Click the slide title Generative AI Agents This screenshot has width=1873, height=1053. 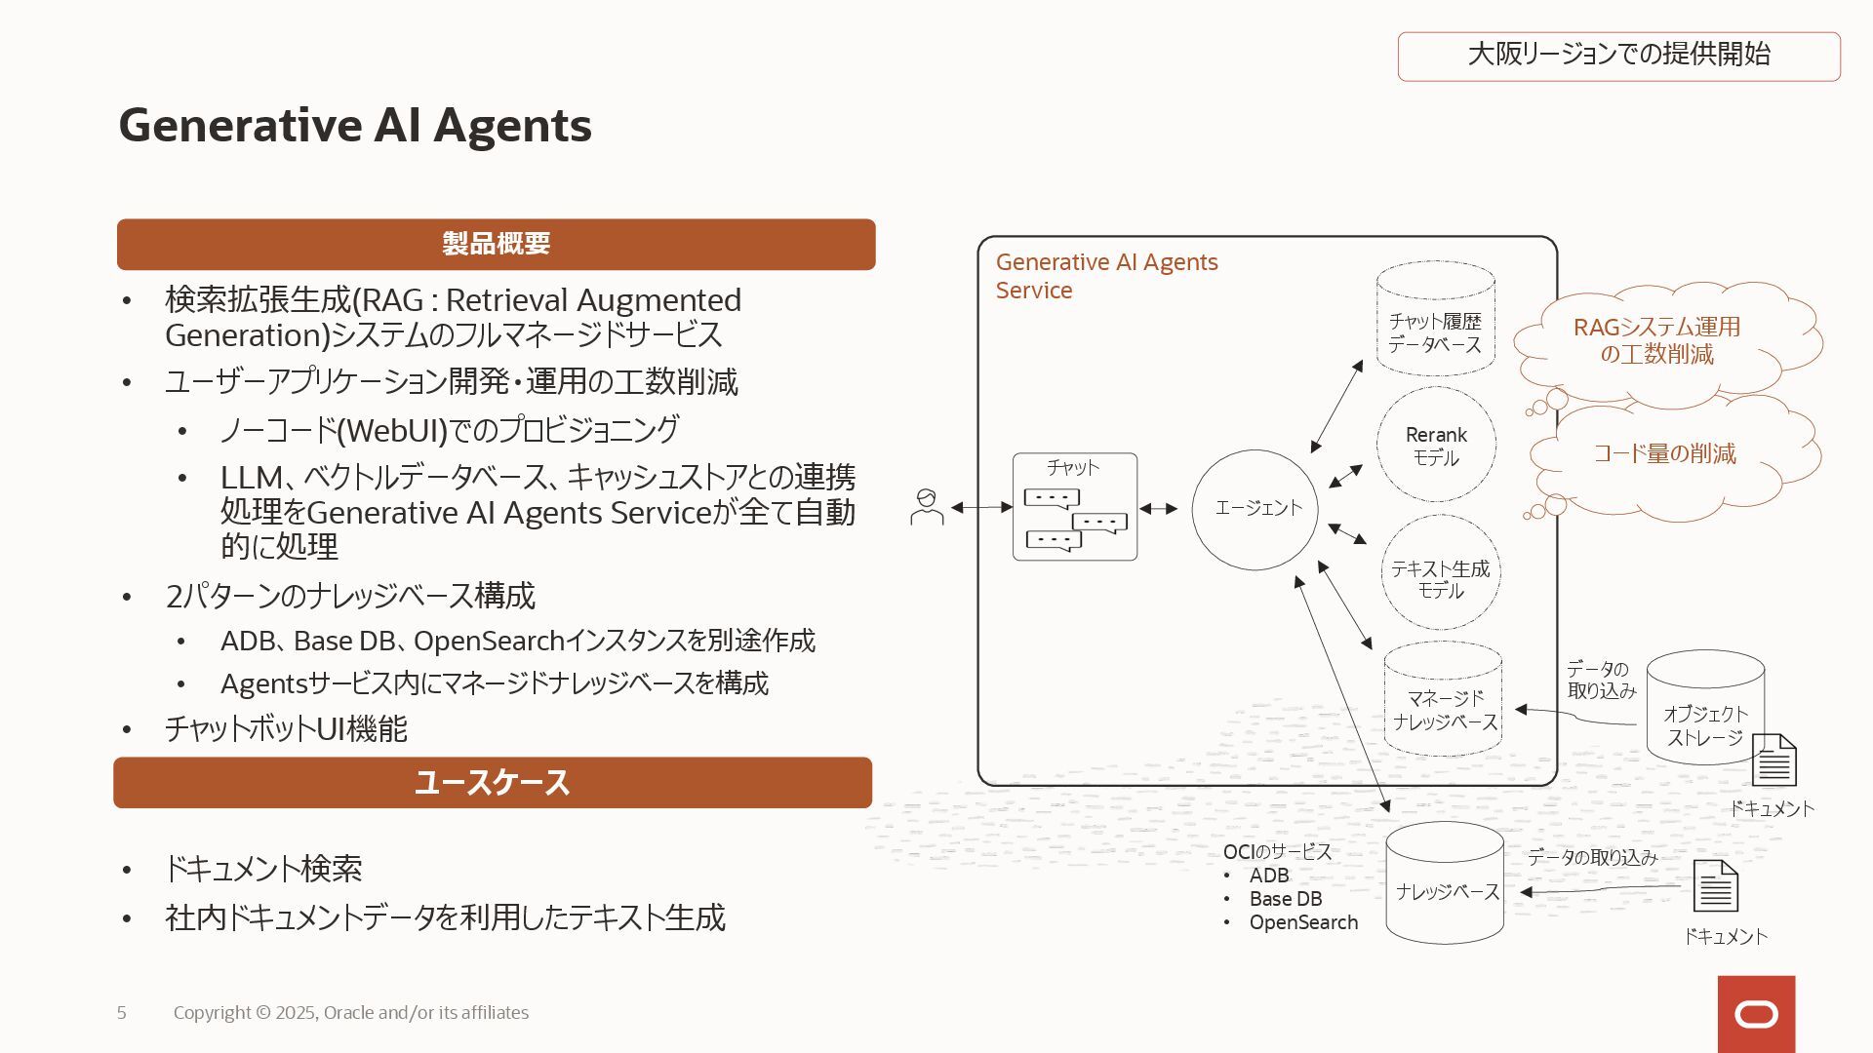pyautogui.click(x=355, y=126)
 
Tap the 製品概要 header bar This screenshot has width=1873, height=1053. pyautogui.click(x=496, y=244)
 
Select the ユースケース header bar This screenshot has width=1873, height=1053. pyautogui.click(x=493, y=782)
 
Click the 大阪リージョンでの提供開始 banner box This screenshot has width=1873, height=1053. pyautogui.click(x=1618, y=56)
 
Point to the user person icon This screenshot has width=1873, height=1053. pyautogui.click(x=926, y=507)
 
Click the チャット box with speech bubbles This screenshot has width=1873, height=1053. pyautogui.click(x=1074, y=507)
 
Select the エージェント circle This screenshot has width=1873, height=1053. pyautogui.click(x=1255, y=509)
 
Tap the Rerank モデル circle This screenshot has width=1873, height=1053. pyautogui.click(x=1436, y=445)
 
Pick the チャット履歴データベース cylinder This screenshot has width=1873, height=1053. pyautogui.click(x=1435, y=320)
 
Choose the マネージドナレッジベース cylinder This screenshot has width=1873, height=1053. pyautogui.click(x=1443, y=700)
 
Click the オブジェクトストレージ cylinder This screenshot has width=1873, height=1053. pyautogui.click(x=1704, y=709)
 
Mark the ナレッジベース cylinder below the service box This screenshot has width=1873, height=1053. pyautogui.click(x=1445, y=883)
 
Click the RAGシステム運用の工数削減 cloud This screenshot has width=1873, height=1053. pyautogui.click(x=1663, y=341)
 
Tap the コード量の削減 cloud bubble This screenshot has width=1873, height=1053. pyautogui.click(x=1668, y=454)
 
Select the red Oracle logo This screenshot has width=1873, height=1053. pyautogui.click(x=1756, y=1014)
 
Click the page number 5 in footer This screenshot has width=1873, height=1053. pyautogui.click(x=121, y=1013)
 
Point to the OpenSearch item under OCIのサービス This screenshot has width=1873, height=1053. pyautogui.click(x=1303, y=922)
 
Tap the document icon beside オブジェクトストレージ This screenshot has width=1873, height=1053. pyautogui.click(x=1773, y=760)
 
